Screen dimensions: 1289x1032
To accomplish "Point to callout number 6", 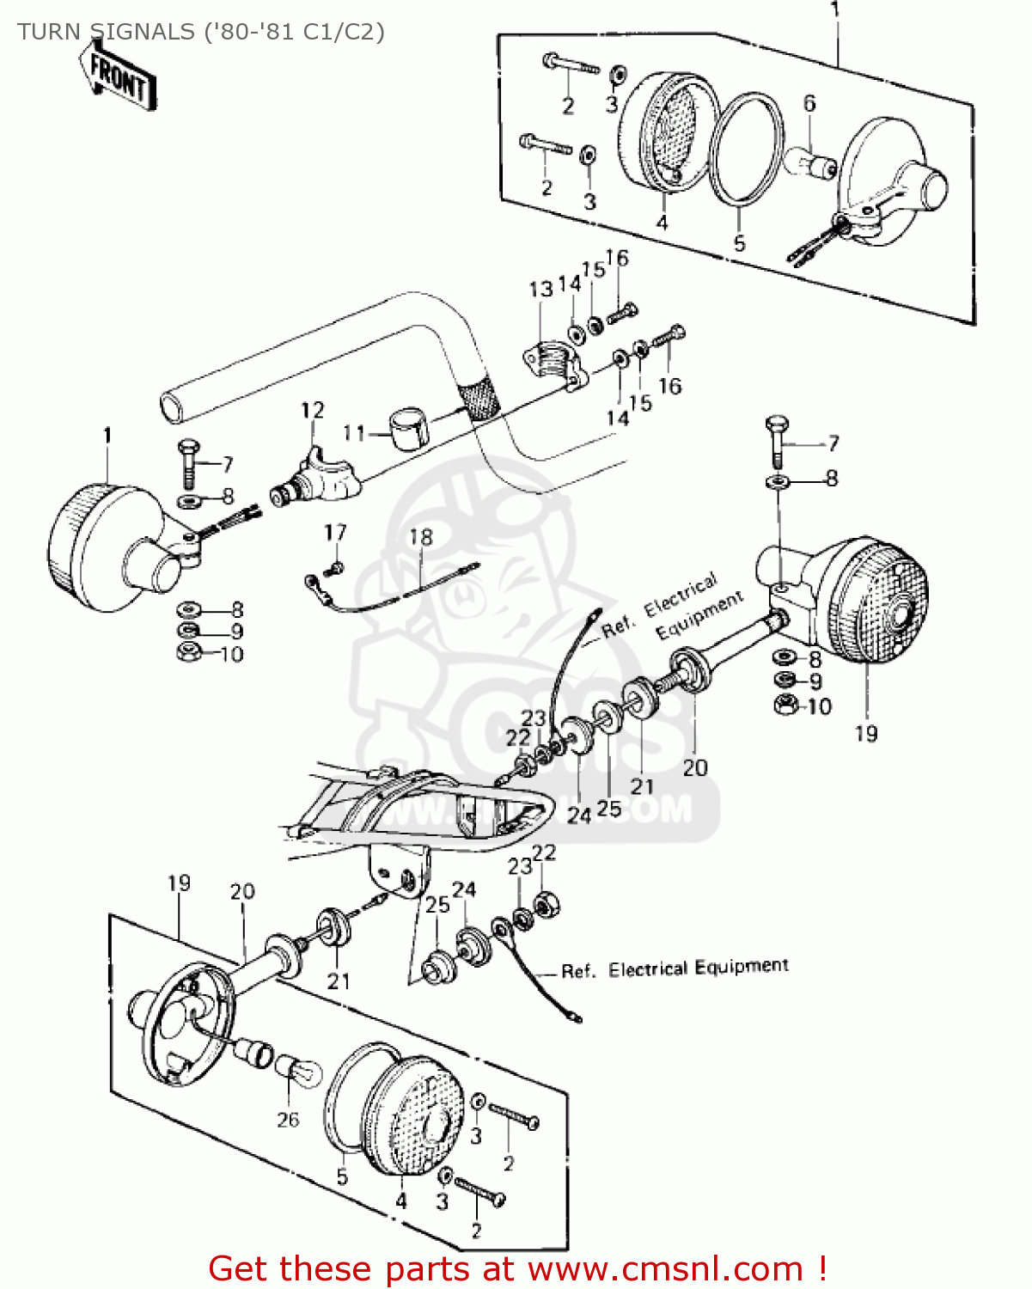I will [809, 104].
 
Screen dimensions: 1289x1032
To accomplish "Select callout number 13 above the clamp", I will [540, 290].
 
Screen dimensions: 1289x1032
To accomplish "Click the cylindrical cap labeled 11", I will [409, 429].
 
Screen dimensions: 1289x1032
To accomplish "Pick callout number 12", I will [312, 410].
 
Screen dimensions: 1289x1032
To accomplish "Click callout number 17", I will [335, 533].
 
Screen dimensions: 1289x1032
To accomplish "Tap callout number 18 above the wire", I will [421, 537].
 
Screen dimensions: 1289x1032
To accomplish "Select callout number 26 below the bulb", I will [288, 1119].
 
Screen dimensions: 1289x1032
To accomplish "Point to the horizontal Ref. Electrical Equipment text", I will [675, 969].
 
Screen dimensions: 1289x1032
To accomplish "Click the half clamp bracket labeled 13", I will [553, 364].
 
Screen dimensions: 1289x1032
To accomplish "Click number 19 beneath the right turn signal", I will [866, 733].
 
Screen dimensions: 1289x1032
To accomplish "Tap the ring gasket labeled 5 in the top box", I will [747, 151].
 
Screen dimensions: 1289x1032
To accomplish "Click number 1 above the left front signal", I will [107, 436].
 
